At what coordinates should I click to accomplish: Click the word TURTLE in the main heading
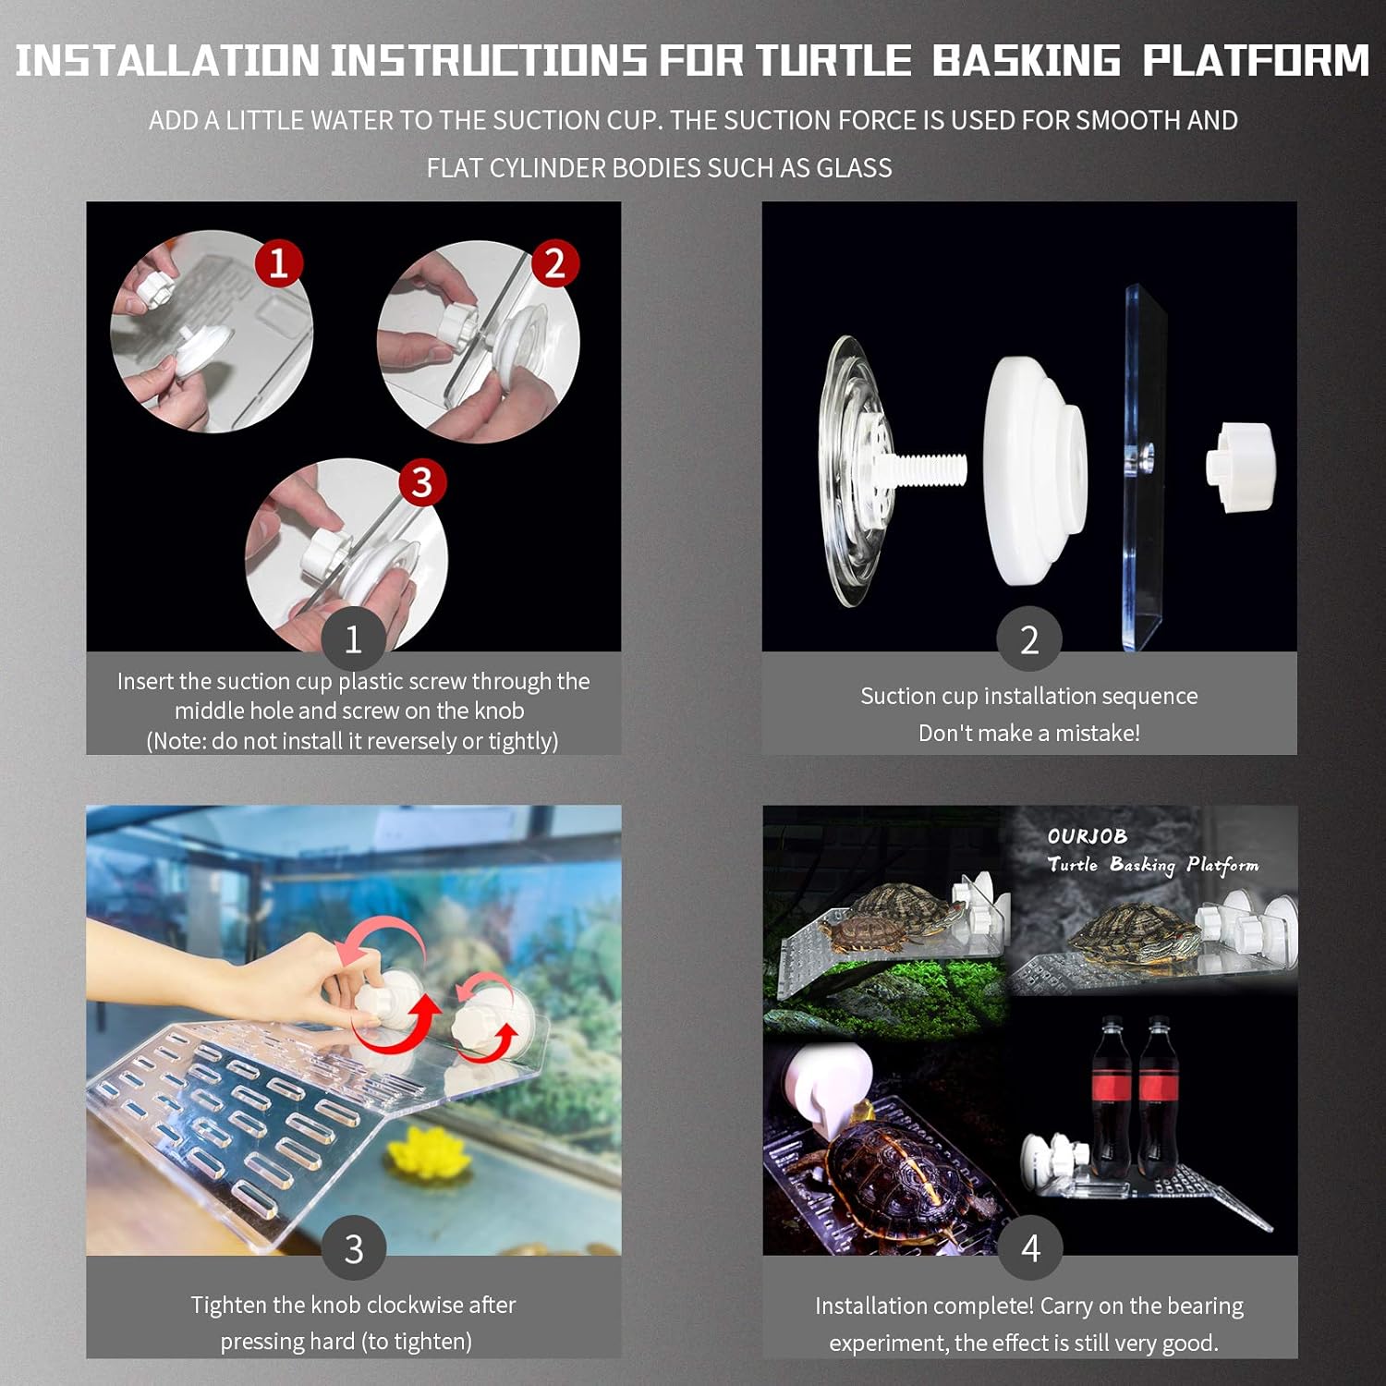pos(833,61)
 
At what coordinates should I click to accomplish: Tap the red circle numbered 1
pos(278,263)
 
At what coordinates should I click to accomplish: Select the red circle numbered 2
pos(554,263)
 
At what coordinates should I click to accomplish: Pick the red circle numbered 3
pos(422,481)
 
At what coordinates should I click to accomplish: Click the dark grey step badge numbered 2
pos(1029,639)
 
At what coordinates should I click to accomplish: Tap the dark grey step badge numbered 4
pos(1030,1248)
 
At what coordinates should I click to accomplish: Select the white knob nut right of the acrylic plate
pos(1240,467)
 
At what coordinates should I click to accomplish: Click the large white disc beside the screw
pos(1036,472)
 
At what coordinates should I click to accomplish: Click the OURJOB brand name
pos(1088,836)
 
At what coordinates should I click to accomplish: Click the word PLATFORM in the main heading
pos(1257,61)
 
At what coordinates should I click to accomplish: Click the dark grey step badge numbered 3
pos(354,1248)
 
